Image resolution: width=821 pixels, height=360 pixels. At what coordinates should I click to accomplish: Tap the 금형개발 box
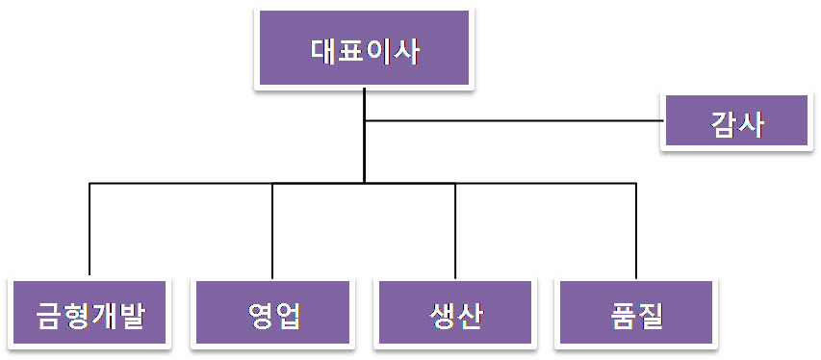point(90,313)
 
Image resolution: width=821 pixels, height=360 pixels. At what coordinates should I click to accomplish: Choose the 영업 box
point(273,313)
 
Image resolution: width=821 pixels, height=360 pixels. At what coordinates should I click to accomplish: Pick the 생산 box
point(455,313)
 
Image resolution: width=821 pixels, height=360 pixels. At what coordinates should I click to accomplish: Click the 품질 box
point(636,313)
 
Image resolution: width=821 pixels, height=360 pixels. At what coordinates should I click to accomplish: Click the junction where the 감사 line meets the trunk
point(365,120)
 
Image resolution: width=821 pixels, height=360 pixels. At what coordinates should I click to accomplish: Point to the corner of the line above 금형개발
point(90,183)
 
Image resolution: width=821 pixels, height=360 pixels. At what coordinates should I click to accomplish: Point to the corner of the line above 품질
point(636,183)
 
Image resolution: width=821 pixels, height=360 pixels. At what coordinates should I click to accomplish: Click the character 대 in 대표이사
point(324,50)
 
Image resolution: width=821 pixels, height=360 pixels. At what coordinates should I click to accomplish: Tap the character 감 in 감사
point(722,123)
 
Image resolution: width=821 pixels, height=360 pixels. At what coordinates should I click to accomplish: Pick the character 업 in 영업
point(288,315)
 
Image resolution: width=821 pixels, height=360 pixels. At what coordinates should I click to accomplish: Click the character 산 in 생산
point(469,315)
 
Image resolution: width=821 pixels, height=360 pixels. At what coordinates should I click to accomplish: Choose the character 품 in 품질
point(622,315)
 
